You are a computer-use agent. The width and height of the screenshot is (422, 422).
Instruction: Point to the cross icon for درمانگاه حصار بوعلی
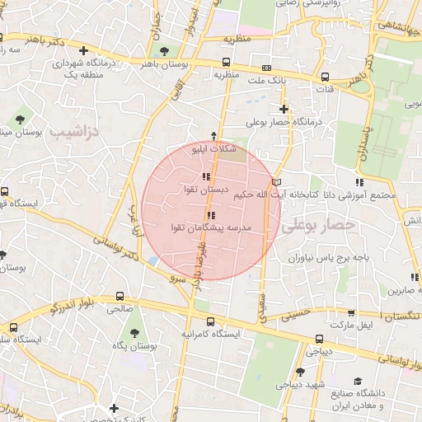point(284,108)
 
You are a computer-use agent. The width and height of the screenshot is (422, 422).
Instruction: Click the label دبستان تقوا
point(205,190)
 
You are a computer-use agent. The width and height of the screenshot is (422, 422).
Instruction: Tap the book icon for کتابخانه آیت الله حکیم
point(277,182)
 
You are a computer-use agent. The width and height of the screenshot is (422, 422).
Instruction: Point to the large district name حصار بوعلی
point(317,224)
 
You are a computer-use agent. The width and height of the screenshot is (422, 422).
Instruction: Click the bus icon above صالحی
point(121,296)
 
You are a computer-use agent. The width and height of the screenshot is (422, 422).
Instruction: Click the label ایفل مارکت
point(352,326)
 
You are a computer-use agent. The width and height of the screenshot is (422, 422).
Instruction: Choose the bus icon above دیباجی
point(319,338)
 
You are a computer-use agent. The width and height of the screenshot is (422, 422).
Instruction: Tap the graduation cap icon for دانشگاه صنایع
point(358,380)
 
